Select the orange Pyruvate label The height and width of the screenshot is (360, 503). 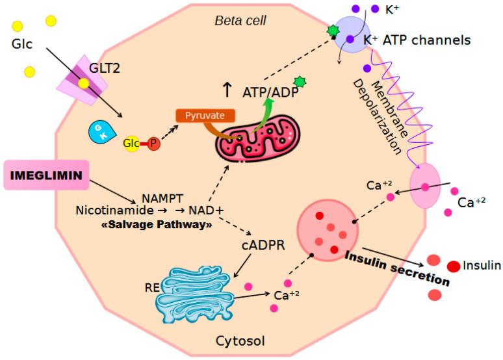pos(205,115)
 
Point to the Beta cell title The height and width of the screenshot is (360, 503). pos(240,21)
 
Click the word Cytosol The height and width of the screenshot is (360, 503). pos(240,341)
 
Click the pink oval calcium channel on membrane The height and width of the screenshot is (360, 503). pos(424,187)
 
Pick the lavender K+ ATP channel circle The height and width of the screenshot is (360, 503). pos(352,37)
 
